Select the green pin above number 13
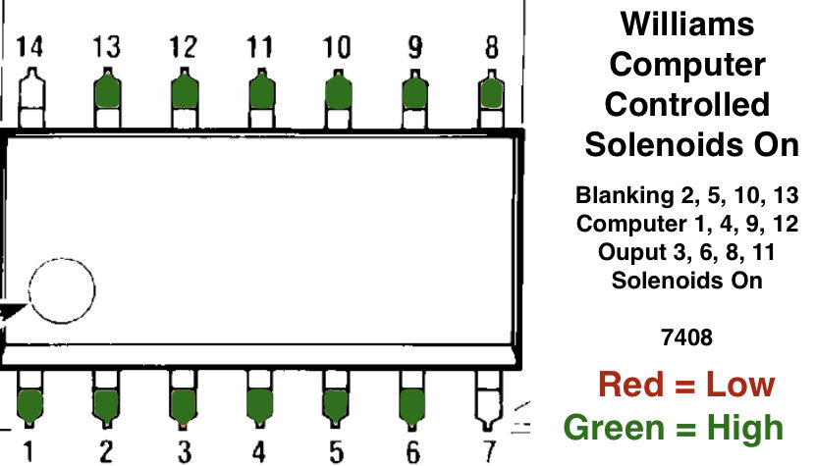(x=106, y=90)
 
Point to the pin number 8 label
(x=491, y=46)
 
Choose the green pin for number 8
(x=491, y=91)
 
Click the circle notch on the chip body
(x=61, y=290)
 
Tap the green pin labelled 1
(x=29, y=403)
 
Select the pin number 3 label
(x=184, y=451)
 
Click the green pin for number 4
(x=259, y=403)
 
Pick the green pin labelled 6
(x=412, y=403)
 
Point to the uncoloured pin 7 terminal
(x=488, y=402)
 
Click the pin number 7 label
(x=489, y=451)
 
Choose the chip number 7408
(x=686, y=338)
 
